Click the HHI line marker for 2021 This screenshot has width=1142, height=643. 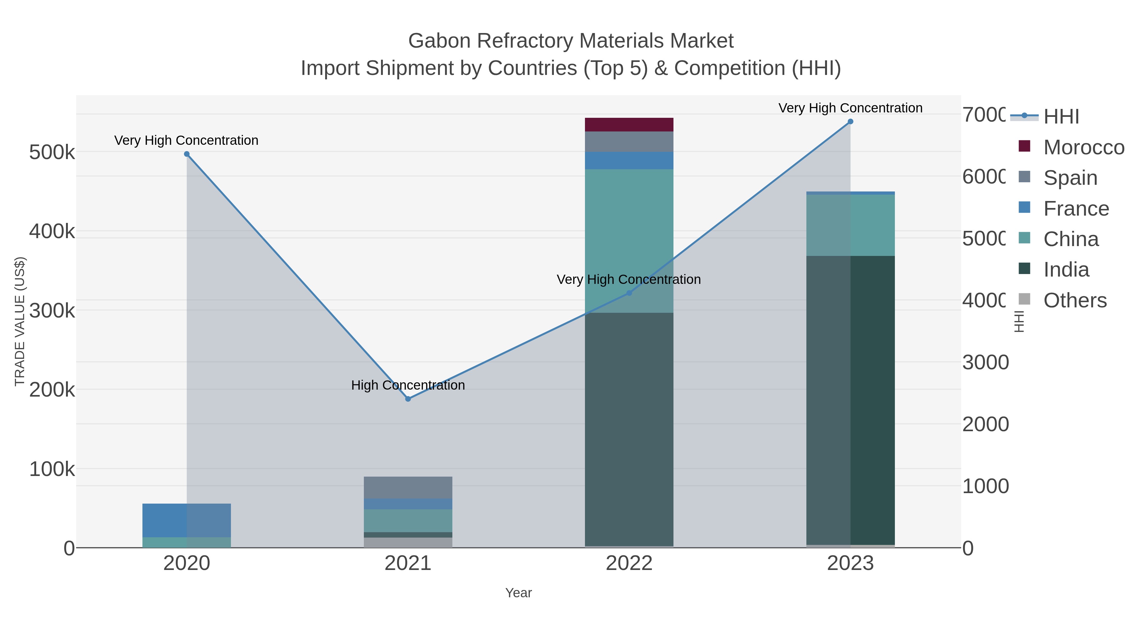click(x=408, y=399)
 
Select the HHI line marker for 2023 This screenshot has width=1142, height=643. click(x=850, y=122)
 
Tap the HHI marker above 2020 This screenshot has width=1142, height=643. click(x=187, y=154)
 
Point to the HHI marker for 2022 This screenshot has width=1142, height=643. click(x=629, y=293)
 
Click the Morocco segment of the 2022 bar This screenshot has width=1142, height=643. click(x=629, y=125)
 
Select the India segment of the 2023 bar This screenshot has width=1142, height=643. click(x=850, y=399)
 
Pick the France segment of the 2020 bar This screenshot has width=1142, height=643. click(x=187, y=520)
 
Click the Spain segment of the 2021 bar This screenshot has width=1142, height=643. click(x=408, y=487)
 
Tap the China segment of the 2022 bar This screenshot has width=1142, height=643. click(x=629, y=231)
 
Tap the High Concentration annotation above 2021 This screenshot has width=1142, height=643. click(x=408, y=385)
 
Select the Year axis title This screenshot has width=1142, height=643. click(x=518, y=593)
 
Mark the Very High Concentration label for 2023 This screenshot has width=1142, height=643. click(x=850, y=108)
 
